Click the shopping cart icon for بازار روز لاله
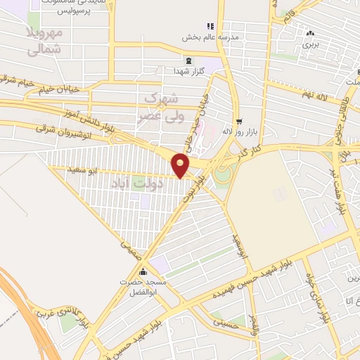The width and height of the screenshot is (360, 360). point(239,121)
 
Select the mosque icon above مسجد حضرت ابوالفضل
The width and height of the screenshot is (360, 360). point(143,272)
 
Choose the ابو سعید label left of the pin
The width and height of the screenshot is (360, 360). point(82,170)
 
